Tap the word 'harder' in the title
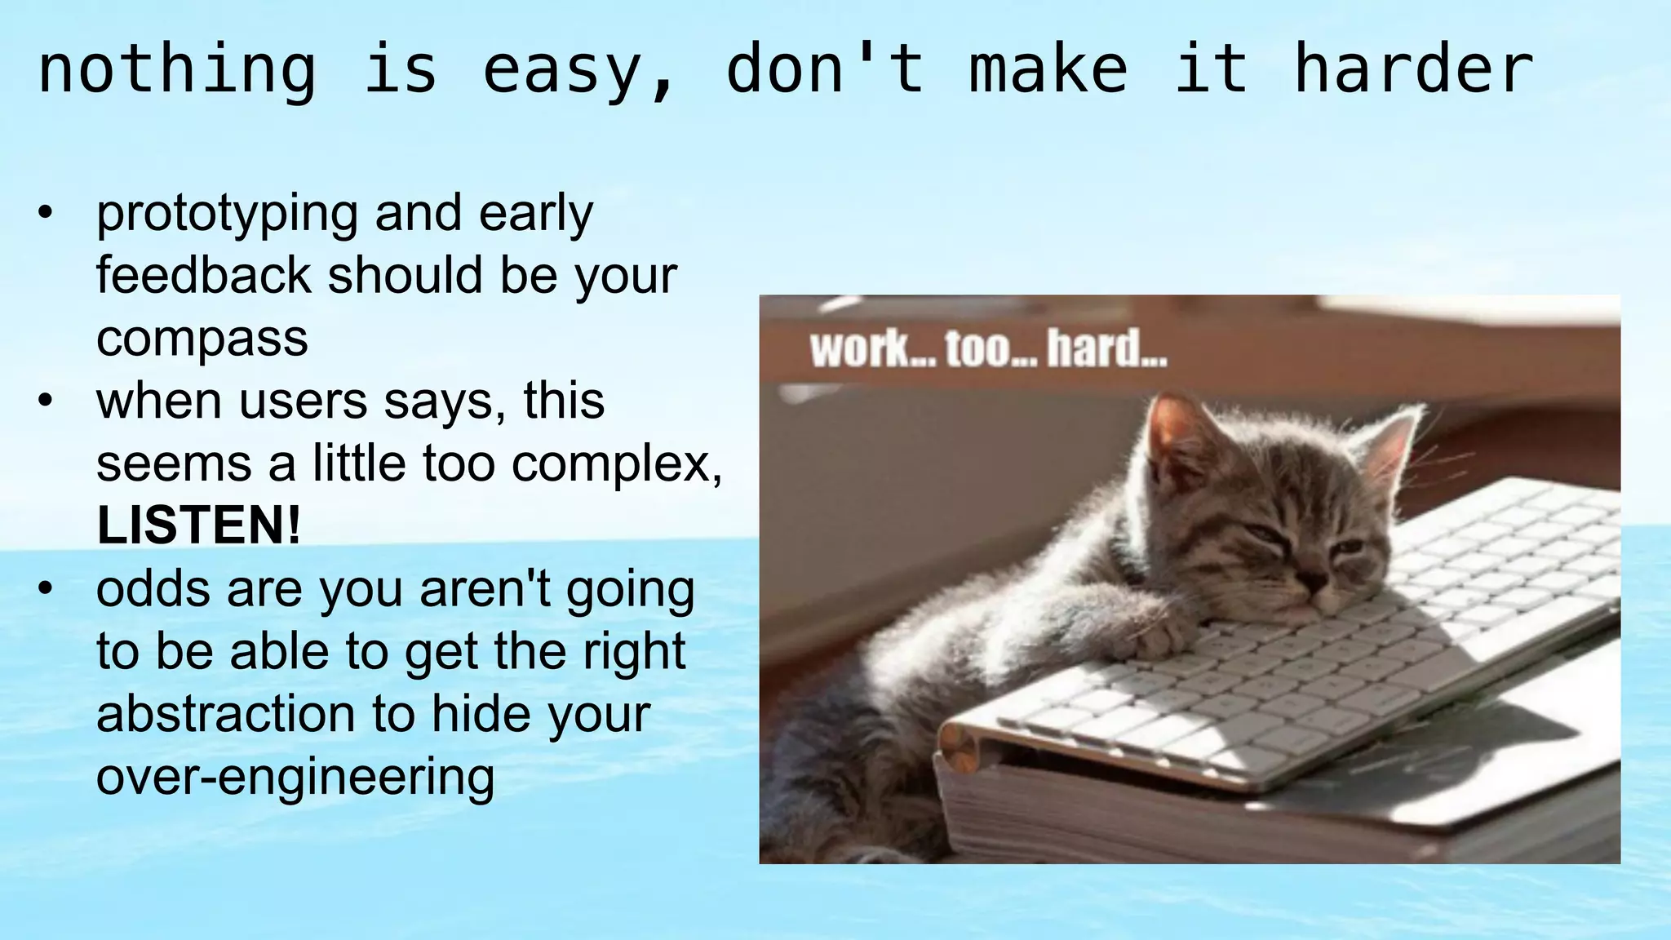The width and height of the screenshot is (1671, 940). [x=1414, y=69]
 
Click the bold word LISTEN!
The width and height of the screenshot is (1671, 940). [x=198, y=525]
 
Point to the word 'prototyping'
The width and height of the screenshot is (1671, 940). [x=227, y=215]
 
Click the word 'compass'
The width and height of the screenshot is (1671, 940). [x=202, y=338]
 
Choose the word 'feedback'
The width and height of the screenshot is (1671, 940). [x=203, y=275]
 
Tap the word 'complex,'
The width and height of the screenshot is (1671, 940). [x=617, y=463]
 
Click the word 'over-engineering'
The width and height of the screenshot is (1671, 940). [x=295, y=775]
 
